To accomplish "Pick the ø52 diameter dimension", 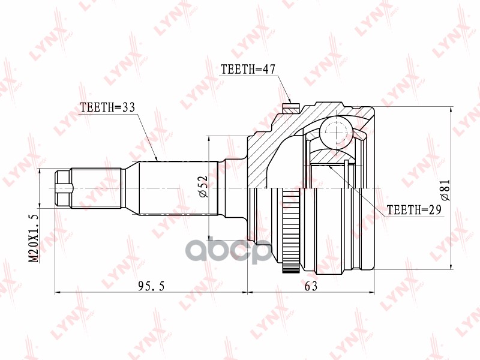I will pos(202,188).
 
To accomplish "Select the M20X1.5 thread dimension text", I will pos(33,236).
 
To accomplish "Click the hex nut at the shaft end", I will pos(62,188).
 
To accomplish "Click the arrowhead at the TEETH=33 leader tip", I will pos(157,160).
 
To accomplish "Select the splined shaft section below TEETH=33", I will pos(177,188).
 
